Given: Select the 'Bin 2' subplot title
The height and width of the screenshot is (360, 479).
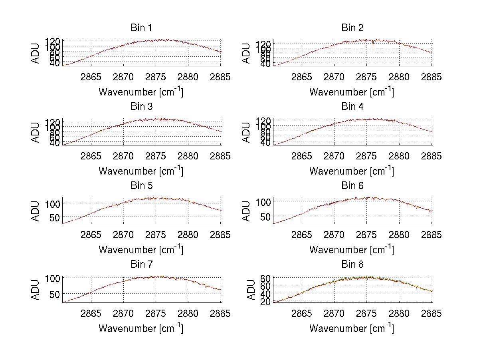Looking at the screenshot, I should coord(352,28).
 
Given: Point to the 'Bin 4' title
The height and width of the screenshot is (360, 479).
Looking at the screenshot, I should coord(352,107).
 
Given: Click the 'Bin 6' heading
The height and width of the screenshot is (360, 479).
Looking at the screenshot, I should coord(352,186).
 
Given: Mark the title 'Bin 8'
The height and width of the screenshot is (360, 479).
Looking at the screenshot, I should coord(352,265).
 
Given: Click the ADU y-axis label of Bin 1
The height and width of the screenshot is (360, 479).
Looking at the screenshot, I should coord(36,53).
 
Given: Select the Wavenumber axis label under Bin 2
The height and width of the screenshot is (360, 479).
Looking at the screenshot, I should coord(352,92).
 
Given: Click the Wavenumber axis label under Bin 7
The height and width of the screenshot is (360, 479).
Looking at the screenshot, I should coord(141,328).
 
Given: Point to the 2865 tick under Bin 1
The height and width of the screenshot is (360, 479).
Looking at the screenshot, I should coord(91,77).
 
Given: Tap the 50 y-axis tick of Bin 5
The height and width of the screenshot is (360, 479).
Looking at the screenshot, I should coord(55,217).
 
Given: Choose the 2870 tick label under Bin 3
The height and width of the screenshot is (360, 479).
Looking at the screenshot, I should coord(123,156).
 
